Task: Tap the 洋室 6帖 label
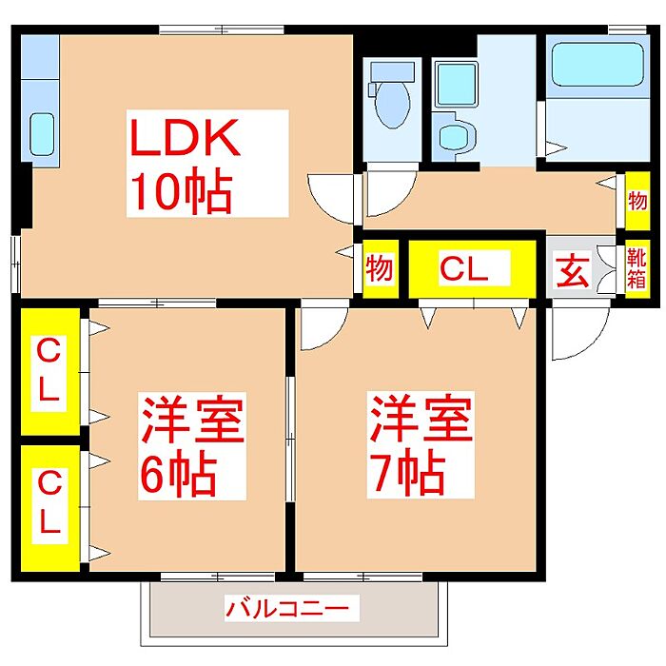(x=192, y=446)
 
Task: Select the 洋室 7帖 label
(x=421, y=444)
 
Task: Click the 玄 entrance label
(x=573, y=270)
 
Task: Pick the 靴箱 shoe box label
(x=637, y=268)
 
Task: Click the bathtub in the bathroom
(x=597, y=64)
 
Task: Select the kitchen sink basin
(x=42, y=134)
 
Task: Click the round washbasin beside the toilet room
(x=455, y=135)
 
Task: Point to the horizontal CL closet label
(x=472, y=268)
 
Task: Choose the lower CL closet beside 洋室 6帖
(x=50, y=507)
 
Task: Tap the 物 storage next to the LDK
(x=381, y=269)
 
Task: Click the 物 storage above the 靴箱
(x=637, y=201)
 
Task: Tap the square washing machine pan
(x=456, y=84)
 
